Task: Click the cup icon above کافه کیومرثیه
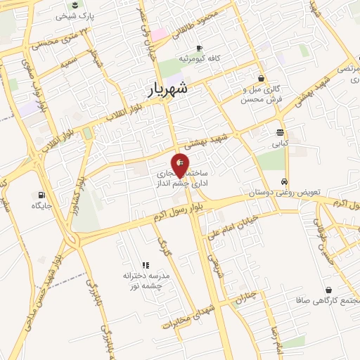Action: (199, 48)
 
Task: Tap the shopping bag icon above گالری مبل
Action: (262, 79)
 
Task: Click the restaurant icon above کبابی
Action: (280, 132)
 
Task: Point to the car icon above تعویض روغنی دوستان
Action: (283, 181)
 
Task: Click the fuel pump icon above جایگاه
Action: (41, 195)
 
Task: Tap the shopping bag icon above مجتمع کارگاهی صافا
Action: (329, 290)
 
